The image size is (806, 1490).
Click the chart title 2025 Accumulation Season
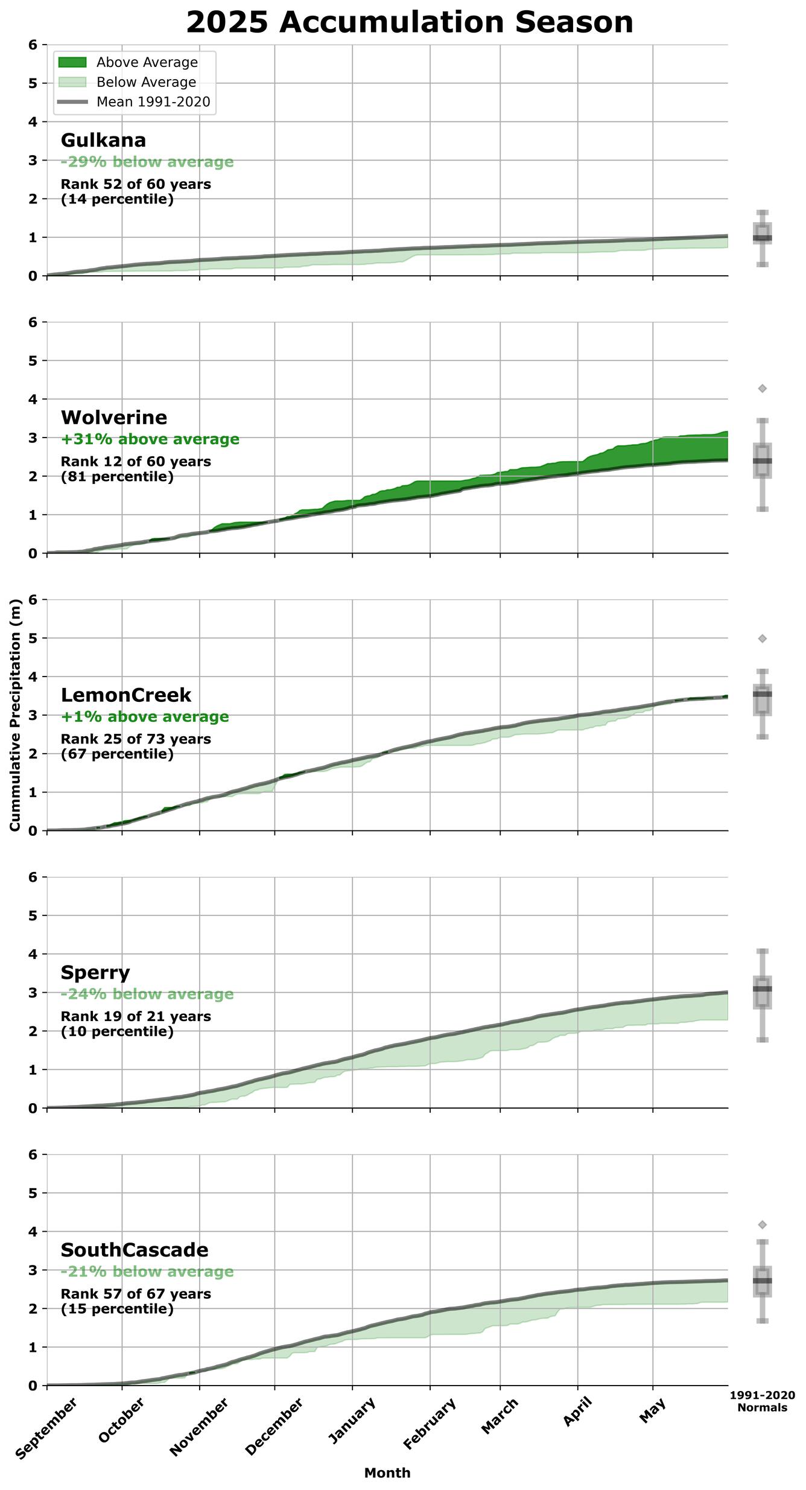click(x=410, y=22)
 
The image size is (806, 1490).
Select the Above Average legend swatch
click(x=71, y=62)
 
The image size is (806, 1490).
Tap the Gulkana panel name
click(x=103, y=140)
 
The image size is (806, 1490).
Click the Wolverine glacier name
click(x=114, y=418)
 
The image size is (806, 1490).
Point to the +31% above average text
click(x=150, y=439)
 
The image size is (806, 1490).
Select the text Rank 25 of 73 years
click(x=136, y=739)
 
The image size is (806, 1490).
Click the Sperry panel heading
click(x=95, y=972)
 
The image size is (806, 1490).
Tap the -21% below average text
click(x=147, y=1272)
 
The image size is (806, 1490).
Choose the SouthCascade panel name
click(x=135, y=1250)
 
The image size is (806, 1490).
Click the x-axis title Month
click(x=387, y=1473)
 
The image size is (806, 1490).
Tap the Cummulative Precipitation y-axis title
click(x=15, y=715)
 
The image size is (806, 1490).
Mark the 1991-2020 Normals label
click(x=762, y=1401)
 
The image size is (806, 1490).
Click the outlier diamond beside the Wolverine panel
click(x=763, y=389)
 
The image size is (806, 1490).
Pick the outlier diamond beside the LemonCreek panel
click(x=763, y=638)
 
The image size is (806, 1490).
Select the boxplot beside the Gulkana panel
click(x=763, y=238)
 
